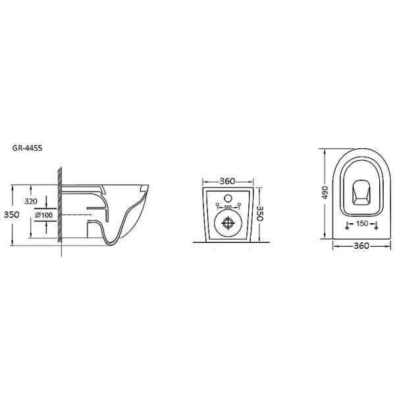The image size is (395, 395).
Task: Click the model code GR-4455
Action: point(27,148)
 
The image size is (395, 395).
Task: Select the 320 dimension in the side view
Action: point(31,201)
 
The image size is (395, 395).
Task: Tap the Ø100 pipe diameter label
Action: point(44,215)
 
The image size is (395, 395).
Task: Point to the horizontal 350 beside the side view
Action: point(12,215)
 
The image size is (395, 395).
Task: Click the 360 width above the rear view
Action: point(228,181)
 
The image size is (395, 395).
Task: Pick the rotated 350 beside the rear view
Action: point(259,213)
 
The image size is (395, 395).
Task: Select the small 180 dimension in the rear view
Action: point(228,207)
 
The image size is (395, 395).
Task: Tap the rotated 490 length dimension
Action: point(325,192)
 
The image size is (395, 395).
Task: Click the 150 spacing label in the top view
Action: point(362,223)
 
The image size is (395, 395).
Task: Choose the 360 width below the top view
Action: point(361,246)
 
